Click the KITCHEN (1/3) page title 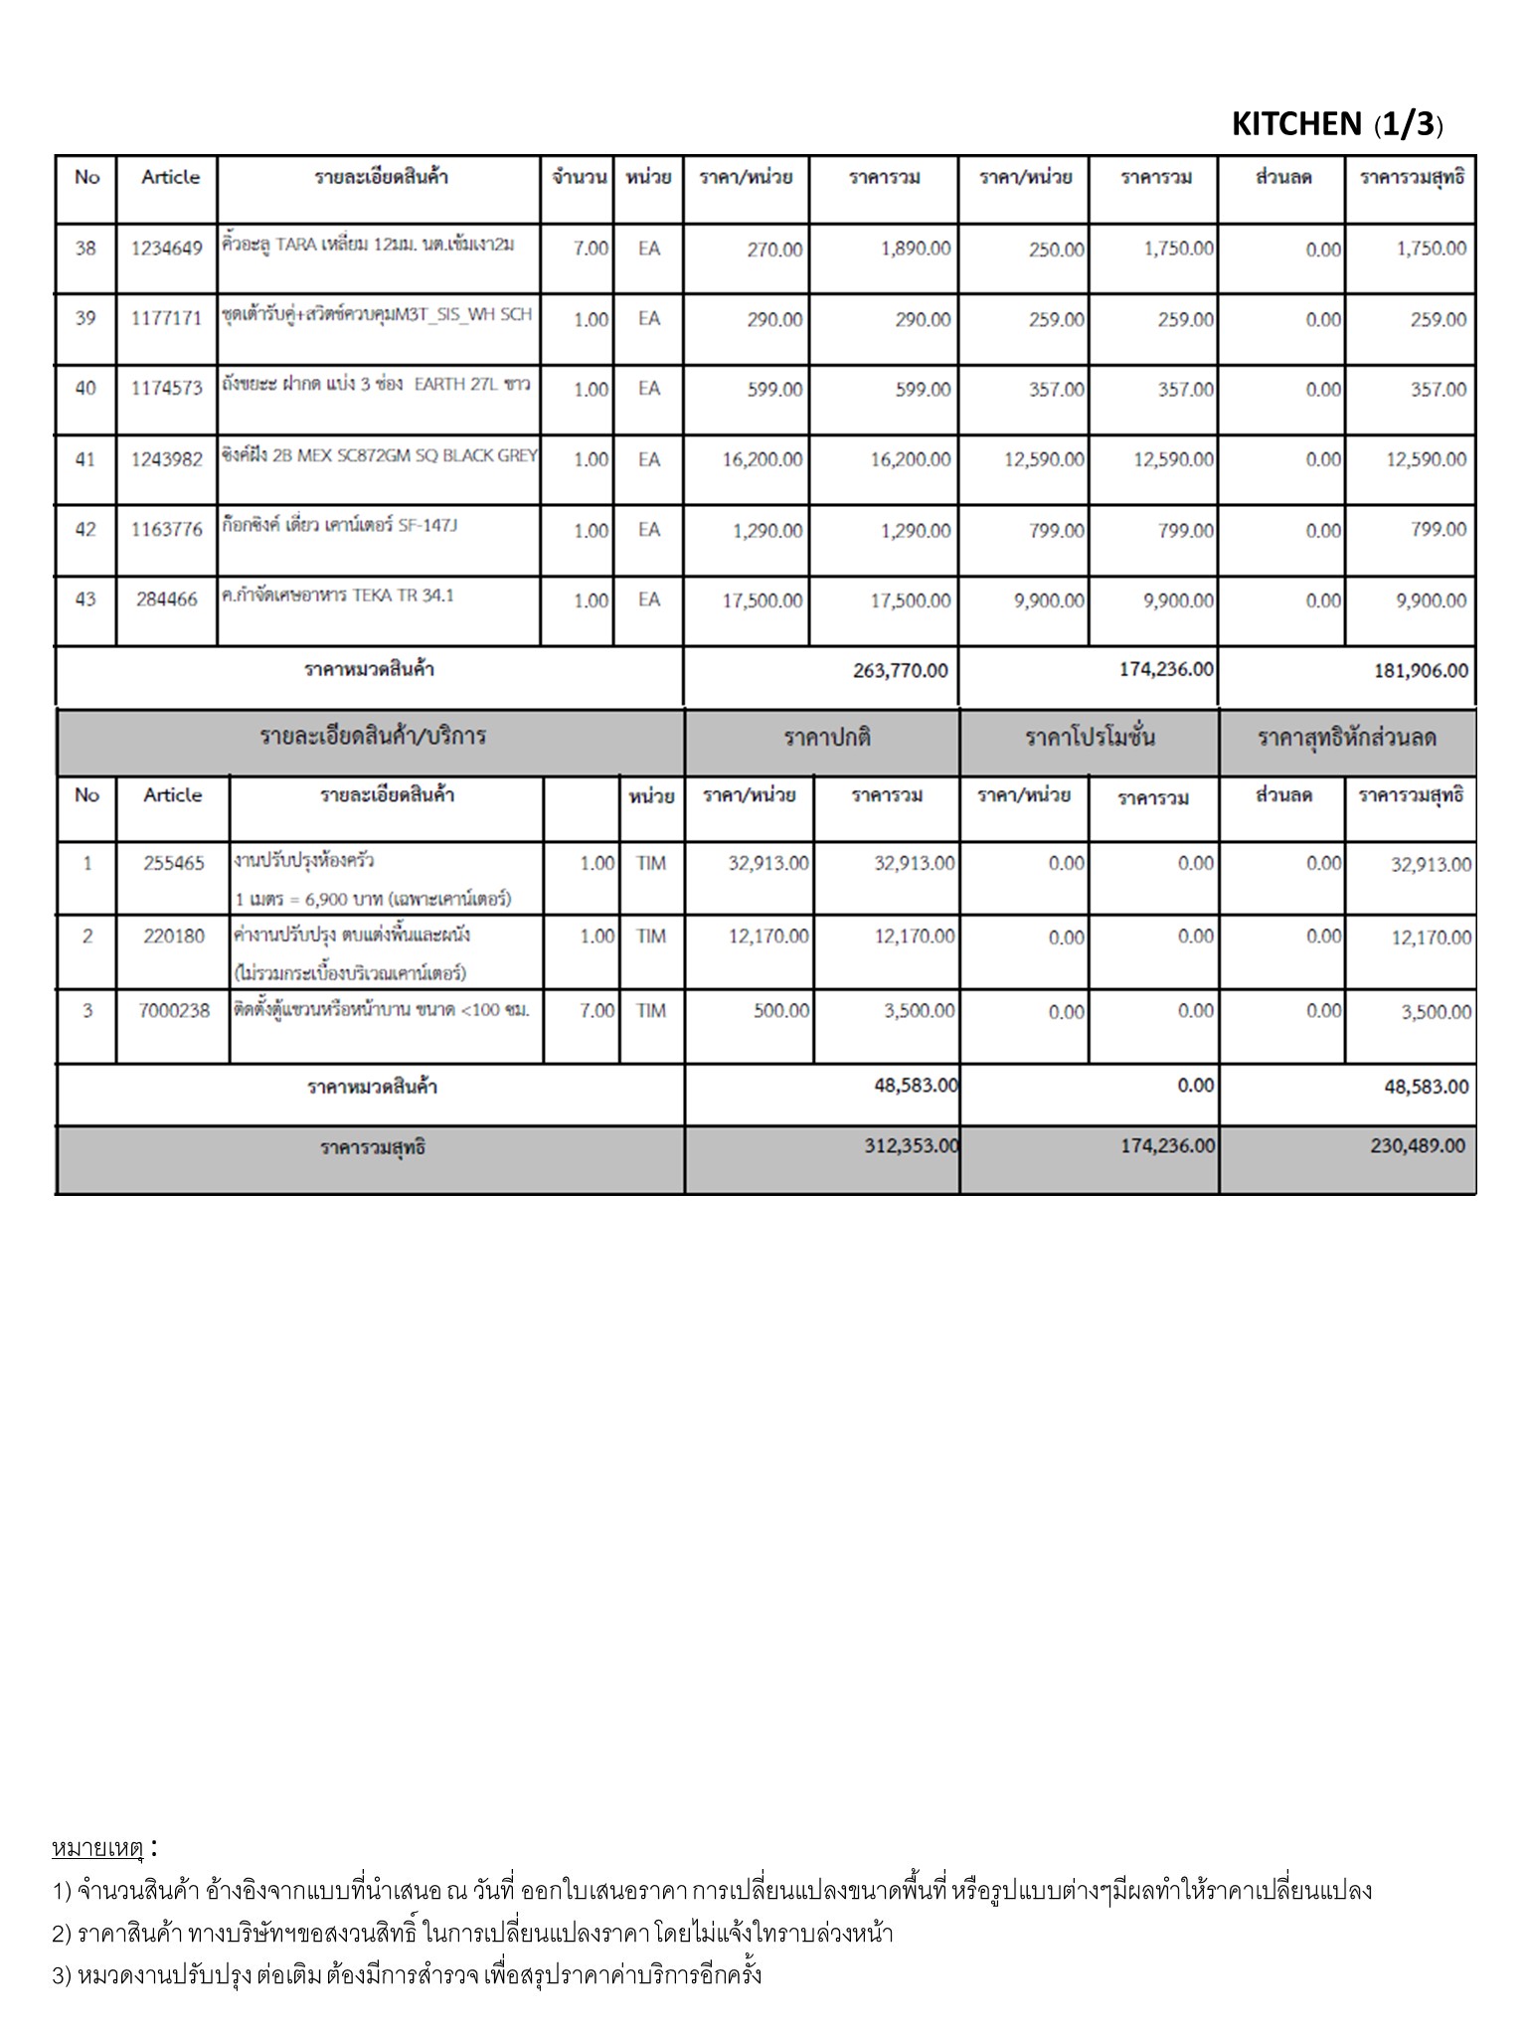tap(1336, 124)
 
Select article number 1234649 tap(166, 249)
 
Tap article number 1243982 tap(166, 459)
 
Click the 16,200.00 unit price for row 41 tap(763, 460)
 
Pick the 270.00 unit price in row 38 tap(774, 250)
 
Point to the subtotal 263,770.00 tap(900, 671)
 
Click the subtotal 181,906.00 tap(1421, 671)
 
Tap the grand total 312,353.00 tap(911, 1146)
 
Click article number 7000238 tap(174, 1011)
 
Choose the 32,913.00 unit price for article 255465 tap(768, 864)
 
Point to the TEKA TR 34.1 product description tap(337, 596)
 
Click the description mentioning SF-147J tap(339, 526)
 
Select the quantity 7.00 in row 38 tap(591, 249)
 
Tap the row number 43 tap(85, 599)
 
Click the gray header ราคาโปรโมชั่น tap(1090, 739)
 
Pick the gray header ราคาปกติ tap(827, 739)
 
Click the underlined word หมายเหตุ tap(98, 1848)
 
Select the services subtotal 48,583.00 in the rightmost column tap(1426, 1087)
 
